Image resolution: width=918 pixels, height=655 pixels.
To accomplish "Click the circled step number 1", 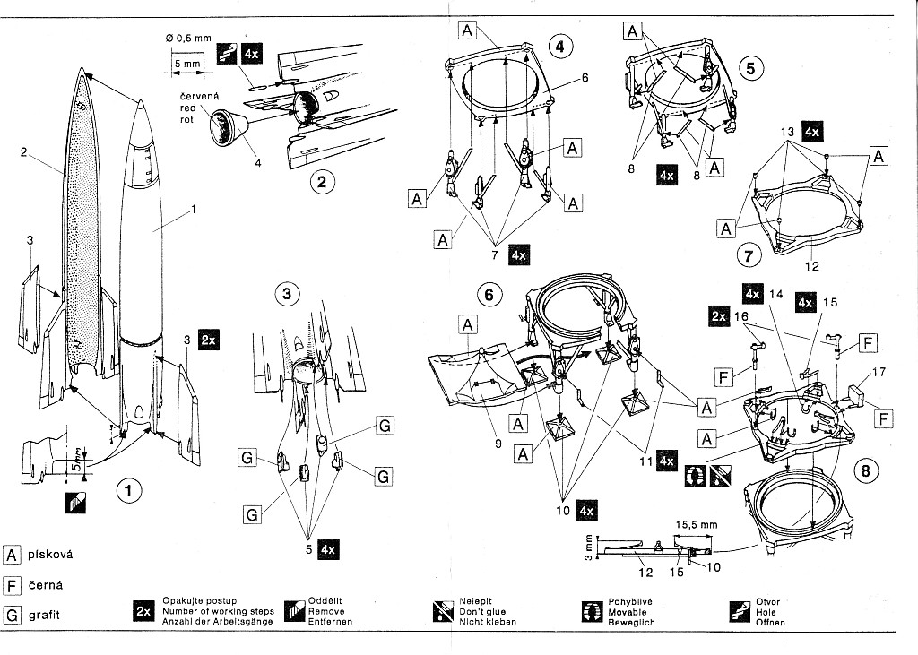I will [x=130, y=490].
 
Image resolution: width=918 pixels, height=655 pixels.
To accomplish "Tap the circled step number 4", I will [x=559, y=47].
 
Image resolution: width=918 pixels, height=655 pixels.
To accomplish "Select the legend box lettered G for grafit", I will [x=13, y=616].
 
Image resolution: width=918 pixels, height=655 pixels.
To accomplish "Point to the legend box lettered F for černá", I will [x=13, y=585].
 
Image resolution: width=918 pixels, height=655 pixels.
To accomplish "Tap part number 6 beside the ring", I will [x=584, y=78].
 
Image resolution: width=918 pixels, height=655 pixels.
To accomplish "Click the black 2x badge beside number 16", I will [x=719, y=316].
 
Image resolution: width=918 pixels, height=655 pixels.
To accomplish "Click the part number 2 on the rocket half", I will [x=23, y=152].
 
